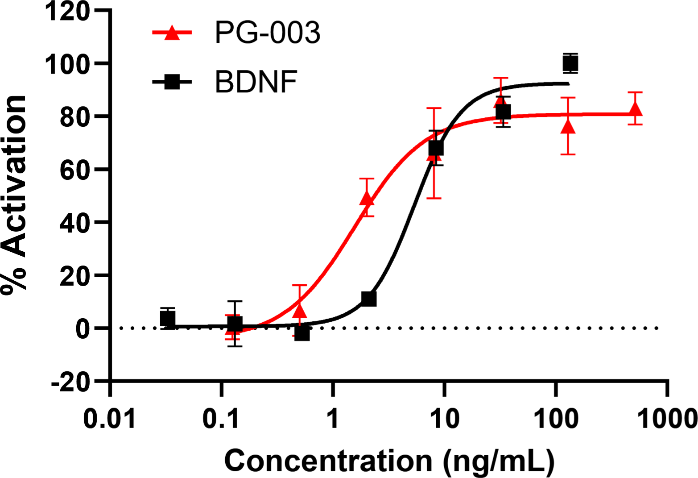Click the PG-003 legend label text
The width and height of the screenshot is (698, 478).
tap(267, 33)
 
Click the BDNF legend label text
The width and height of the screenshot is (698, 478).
tap(256, 82)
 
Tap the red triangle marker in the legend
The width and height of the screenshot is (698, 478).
tap(172, 33)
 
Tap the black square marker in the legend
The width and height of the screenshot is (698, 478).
tap(172, 82)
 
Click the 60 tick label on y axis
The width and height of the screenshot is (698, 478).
tap(74, 170)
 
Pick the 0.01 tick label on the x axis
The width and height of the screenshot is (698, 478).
tap(110, 420)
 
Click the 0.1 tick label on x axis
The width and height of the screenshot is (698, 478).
tap(221, 420)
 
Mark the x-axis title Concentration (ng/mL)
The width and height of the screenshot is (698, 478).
tap(389, 461)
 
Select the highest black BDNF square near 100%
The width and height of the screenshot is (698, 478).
tap(570, 63)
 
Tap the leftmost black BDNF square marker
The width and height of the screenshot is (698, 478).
tap(168, 319)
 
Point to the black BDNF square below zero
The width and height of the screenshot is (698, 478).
tap(302, 333)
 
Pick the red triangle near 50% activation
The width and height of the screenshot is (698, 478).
tap(367, 198)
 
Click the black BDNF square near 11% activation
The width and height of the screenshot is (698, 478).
tap(369, 299)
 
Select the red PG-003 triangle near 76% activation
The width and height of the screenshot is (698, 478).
tap(568, 127)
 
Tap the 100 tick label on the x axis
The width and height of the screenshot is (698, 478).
tap(556, 420)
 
